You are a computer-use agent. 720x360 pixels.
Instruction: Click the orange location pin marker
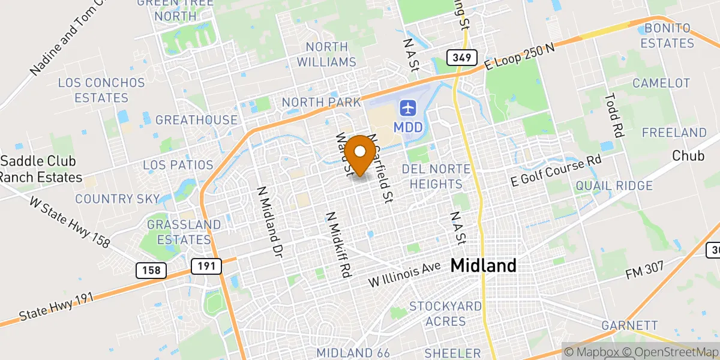click(361, 154)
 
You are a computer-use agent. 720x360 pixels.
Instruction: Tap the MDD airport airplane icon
click(408, 109)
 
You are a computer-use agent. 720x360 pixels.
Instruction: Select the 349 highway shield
click(461, 58)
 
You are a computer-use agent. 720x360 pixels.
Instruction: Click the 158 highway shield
click(152, 271)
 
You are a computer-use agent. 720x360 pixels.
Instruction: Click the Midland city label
click(483, 265)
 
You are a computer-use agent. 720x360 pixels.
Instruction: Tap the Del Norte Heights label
click(432, 176)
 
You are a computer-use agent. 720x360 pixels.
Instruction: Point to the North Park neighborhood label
click(322, 103)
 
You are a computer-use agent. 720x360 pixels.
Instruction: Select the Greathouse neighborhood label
click(196, 120)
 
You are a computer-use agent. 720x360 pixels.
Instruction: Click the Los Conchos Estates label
click(101, 90)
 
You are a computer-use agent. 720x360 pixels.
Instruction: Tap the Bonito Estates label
click(667, 36)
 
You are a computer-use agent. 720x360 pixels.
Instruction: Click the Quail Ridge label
click(614, 186)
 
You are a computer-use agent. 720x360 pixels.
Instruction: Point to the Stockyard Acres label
click(445, 314)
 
